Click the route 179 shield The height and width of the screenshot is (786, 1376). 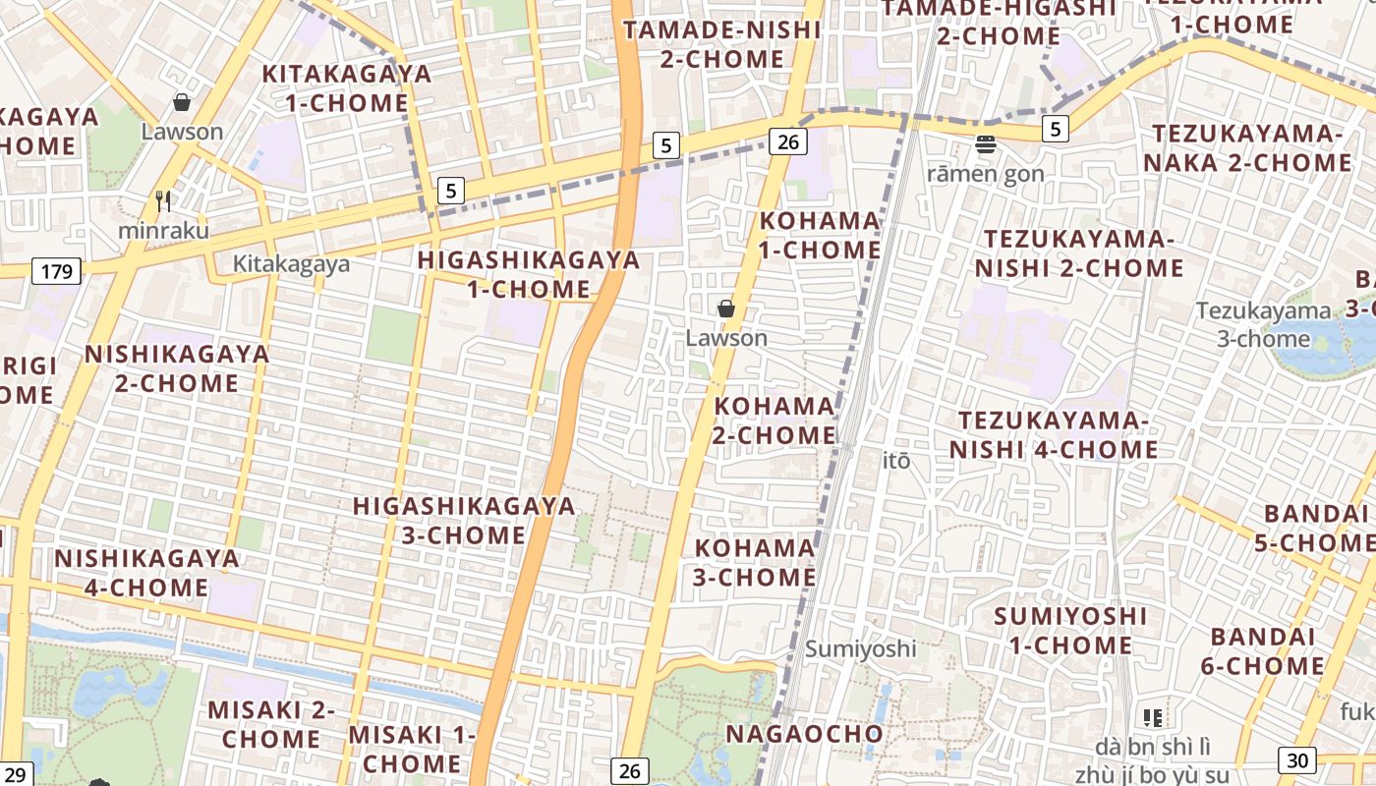56,271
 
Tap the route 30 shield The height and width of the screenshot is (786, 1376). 1297,759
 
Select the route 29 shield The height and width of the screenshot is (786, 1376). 16,774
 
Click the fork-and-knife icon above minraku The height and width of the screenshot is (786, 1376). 163,201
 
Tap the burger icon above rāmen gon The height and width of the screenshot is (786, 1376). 986,145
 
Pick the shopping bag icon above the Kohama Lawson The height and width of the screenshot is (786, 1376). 726,309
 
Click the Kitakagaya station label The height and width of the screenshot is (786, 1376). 291,264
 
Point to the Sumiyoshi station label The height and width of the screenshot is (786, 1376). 861,648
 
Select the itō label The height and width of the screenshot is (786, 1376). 896,460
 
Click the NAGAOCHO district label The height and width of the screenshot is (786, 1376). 805,734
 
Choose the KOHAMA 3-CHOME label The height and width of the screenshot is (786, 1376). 755,562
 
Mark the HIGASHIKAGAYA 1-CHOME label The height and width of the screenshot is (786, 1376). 529,275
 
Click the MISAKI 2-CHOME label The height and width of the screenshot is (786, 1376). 271,724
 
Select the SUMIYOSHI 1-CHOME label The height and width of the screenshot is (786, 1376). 1070,631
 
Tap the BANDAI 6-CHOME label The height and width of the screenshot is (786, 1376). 1263,651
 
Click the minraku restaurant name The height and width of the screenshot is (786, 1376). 163,230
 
